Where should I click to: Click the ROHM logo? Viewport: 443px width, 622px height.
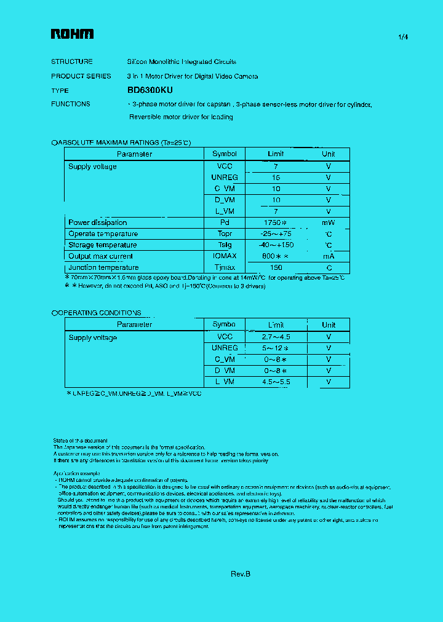point(72,35)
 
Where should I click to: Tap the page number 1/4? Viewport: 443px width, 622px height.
point(403,37)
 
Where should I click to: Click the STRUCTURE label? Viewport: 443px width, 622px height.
point(72,61)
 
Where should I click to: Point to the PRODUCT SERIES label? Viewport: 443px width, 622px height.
point(81,76)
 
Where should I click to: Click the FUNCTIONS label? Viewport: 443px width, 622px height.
point(71,104)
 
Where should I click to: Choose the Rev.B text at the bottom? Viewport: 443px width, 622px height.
point(241,573)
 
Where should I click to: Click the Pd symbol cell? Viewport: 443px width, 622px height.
point(224,222)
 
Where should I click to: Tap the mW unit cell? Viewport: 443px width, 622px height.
point(329,222)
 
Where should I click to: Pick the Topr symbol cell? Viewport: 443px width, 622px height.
point(224,234)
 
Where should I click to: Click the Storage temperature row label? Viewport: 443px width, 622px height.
point(103,245)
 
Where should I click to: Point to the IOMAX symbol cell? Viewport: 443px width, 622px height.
point(224,256)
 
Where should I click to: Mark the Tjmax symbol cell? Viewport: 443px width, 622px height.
point(224,267)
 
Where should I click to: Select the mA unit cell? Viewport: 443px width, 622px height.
point(329,256)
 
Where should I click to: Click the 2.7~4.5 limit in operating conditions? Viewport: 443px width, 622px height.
point(276,337)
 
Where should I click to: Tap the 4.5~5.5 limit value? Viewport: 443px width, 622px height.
point(276,382)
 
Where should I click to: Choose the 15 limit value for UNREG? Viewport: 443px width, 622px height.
point(276,178)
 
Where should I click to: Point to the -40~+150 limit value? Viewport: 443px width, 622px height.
point(276,245)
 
